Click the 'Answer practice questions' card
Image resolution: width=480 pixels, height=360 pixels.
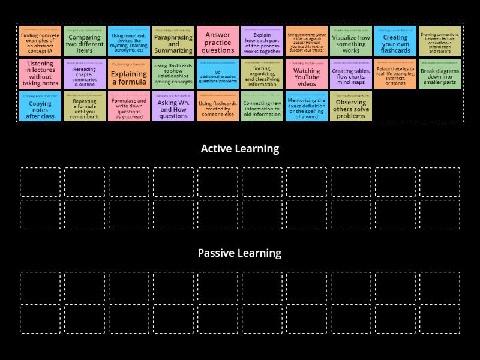tap(218, 41)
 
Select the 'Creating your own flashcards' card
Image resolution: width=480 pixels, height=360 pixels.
tap(395, 41)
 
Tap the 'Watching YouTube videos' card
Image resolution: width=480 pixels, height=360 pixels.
tap(307, 74)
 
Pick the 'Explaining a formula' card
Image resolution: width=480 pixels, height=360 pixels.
tap(129, 74)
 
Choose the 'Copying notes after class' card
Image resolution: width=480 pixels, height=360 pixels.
tap(40, 107)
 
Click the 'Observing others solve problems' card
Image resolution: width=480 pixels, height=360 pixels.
tap(351, 107)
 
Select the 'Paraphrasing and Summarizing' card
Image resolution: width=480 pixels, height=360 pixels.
tap(173, 41)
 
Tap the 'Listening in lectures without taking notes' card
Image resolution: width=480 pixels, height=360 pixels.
tap(40, 74)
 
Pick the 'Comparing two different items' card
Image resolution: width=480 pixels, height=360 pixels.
tap(85, 41)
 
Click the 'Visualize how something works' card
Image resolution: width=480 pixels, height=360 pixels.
tap(351, 41)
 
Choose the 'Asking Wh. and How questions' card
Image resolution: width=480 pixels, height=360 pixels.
tap(173, 107)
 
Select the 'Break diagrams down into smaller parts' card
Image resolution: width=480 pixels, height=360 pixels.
tap(440, 74)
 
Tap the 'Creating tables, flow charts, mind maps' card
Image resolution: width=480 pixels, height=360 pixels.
tap(351, 74)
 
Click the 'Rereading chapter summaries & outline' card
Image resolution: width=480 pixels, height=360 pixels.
tap(85, 74)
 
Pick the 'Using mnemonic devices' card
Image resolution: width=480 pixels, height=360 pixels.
tap(129, 41)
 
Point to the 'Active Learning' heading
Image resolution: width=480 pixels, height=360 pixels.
tap(240, 149)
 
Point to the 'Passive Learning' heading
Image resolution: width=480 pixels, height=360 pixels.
tap(240, 253)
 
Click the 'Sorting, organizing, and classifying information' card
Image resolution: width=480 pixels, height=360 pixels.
tap(262, 74)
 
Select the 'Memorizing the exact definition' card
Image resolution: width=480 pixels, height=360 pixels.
tap(307, 107)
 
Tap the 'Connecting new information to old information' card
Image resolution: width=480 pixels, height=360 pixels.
tap(262, 107)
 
